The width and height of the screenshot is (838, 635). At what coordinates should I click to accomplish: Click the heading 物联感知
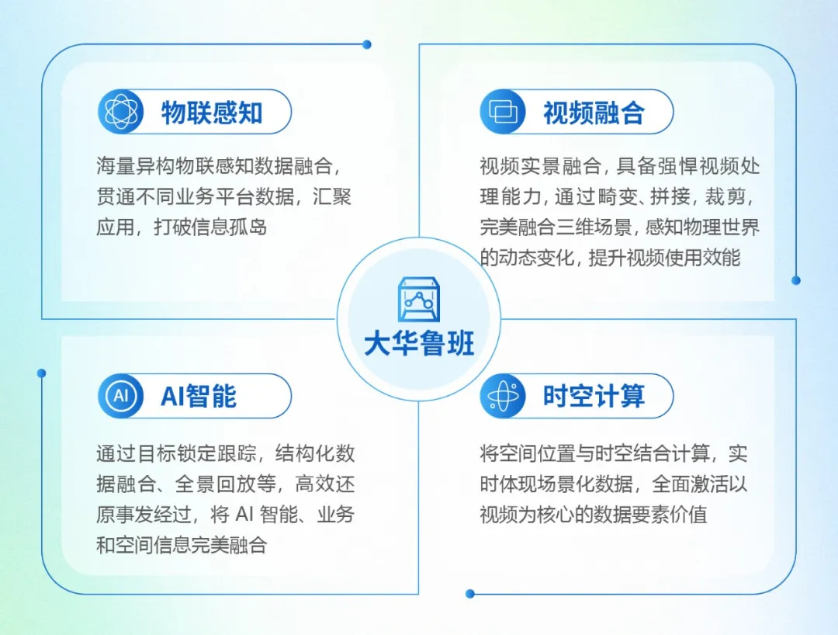click(212, 113)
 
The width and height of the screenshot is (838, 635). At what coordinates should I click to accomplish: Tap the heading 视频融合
click(594, 113)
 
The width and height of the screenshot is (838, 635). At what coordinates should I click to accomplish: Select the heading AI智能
click(199, 396)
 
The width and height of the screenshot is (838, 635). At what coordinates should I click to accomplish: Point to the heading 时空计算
click(594, 396)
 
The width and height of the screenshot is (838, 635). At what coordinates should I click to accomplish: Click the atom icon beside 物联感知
click(121, 112)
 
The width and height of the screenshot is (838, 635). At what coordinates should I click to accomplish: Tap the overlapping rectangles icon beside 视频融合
click(503, 112)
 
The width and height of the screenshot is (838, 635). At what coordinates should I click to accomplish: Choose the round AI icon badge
click(121, 396)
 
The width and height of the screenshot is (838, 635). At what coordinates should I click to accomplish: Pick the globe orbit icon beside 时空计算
click(503, 396)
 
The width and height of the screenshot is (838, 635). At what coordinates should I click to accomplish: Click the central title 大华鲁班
click(419, 343)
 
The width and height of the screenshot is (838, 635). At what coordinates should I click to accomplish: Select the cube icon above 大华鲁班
click(419, 300)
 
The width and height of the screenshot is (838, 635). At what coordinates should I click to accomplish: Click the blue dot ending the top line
click(366, 44)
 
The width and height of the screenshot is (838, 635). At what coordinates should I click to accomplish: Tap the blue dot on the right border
click(796, 280)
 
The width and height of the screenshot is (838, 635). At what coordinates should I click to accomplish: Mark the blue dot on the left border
click(42, 373)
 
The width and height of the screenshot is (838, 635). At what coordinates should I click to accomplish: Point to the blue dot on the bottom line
click(469, 593)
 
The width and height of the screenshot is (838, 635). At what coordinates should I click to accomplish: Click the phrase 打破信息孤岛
click(210, 227)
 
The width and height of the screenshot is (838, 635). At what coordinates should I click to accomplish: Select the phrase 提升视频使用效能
click(664, 258)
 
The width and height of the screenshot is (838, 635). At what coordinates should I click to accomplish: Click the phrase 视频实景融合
click(540, 166)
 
